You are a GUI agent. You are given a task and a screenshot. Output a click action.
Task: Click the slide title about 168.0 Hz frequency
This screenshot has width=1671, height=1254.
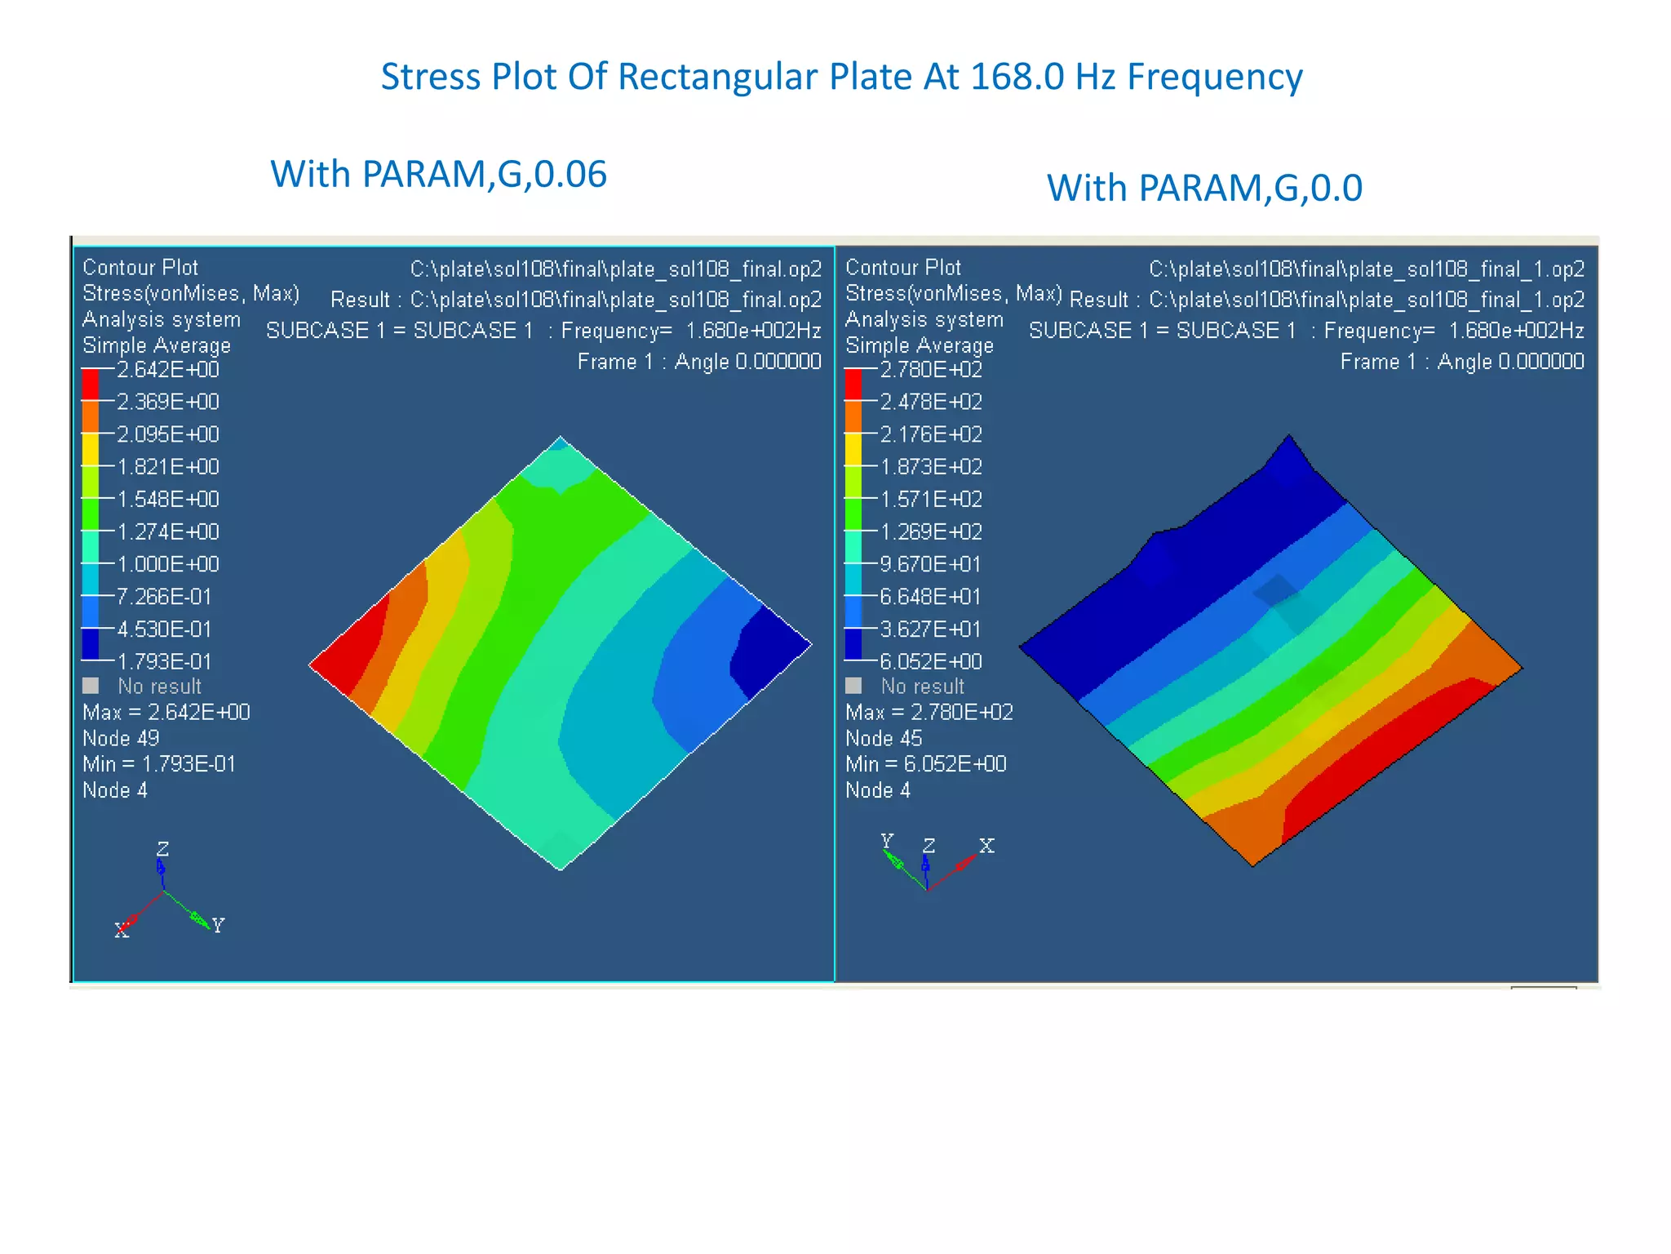pyautogui.click(x=841, y=78)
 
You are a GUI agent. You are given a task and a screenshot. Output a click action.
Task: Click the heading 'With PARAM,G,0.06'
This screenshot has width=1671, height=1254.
pyautogui.click(x=438, y=175)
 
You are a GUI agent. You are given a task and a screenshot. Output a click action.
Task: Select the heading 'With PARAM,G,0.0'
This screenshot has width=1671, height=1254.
pyautogui.click(x=1204, y=189)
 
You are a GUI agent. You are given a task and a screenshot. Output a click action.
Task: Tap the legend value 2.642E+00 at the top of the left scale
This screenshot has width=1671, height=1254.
pyautogui.click(x=168, y=370)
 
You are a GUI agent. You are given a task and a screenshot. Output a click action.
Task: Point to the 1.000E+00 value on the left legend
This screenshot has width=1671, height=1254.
pyautogui.click(x=168, y=564)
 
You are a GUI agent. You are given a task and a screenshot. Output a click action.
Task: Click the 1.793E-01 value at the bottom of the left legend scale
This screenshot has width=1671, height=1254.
pyautogui.click(x=165, y=661)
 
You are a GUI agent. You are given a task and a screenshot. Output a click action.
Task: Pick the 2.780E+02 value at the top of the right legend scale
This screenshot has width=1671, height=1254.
pyautogui.click(x=931, y=370)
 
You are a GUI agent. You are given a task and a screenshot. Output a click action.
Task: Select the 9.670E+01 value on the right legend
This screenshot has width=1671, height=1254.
pyautogui.click(x=930, y=564)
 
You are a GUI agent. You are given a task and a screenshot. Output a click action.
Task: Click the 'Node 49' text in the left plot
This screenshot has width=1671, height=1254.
pyautogui.click(x=121, y=738)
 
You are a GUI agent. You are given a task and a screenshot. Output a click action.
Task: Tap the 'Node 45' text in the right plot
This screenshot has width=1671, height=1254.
pyautogui.click(x=884, y=738)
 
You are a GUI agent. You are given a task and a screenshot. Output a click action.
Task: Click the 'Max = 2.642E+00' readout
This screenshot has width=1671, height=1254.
pyautogui.click(x=166, y=712)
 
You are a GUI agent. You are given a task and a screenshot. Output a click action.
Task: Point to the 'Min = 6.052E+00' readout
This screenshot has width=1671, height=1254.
pyautogui.click(x=926, y=764)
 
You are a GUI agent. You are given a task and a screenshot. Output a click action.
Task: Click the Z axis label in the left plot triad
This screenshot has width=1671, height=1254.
pyautogui.click(x=162, y=849)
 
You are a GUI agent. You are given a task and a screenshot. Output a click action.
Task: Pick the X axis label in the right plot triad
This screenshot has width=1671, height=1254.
pyautogui.click(x=986, y=846)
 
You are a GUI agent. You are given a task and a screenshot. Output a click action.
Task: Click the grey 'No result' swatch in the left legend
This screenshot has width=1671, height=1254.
pyautogui.click(x=91, y=686)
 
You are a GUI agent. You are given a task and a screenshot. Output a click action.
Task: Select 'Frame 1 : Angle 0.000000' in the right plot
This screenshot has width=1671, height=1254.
pyautogui.click(x=1462, y=362)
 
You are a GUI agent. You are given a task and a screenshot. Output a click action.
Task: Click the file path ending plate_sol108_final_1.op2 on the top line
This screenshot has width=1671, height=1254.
pyautogui.click(x=1367, y=269)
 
